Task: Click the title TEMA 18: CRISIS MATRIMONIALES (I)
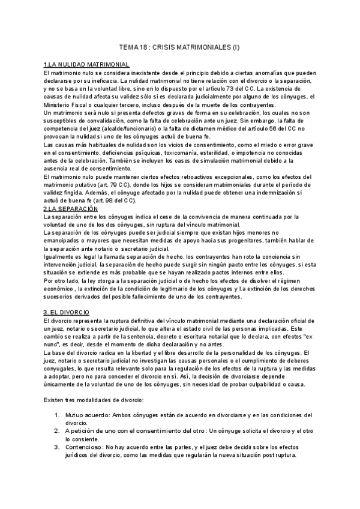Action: [180, 47]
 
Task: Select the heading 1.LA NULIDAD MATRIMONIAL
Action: [86, 64]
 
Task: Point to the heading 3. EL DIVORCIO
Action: [67, 313]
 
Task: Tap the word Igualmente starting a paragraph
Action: [59, 256]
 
